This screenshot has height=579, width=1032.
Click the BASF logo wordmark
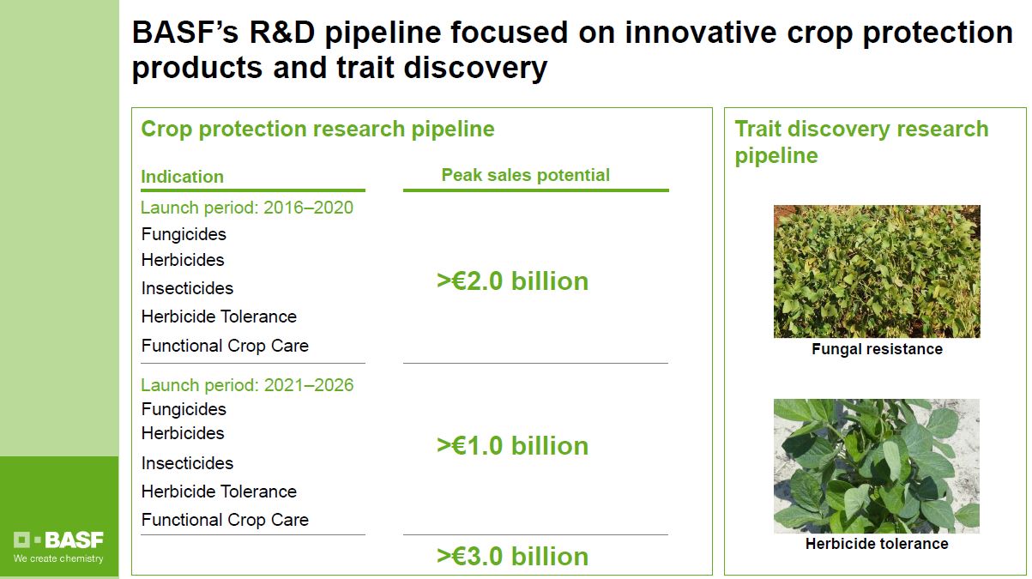coord(58,540)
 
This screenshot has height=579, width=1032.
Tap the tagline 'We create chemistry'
coord(58,558)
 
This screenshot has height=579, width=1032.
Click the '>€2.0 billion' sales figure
coord(512,281)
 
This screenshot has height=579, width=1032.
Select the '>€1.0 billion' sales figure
coord(512,446)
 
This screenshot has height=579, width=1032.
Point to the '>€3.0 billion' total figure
coord(512,557)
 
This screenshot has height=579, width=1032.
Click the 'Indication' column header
coord(183,177)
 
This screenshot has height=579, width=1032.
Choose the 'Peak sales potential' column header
coord(525,175)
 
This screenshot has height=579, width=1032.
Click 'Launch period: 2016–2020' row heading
coord(247,208)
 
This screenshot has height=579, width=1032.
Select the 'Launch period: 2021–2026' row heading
coord(247,385)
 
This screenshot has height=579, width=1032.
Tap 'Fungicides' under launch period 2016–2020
coord(184,234)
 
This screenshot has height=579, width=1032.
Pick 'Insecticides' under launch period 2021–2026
coord(188,463)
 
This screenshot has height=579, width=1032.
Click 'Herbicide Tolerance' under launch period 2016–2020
coord(219,317)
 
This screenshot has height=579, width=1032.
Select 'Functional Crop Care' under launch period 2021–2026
coord(225,520)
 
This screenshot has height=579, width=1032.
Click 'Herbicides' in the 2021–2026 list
coord(183,433)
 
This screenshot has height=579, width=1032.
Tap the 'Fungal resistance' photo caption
coord(878,349)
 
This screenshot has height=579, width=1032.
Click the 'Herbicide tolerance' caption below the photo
coord(877,544)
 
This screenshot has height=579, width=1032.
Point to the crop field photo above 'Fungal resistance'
coord(878,271)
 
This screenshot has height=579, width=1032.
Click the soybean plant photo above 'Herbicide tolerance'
coord(877,466)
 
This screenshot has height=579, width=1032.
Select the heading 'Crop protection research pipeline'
coord(317,129)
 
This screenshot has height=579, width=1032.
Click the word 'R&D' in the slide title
coord(282,33)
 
